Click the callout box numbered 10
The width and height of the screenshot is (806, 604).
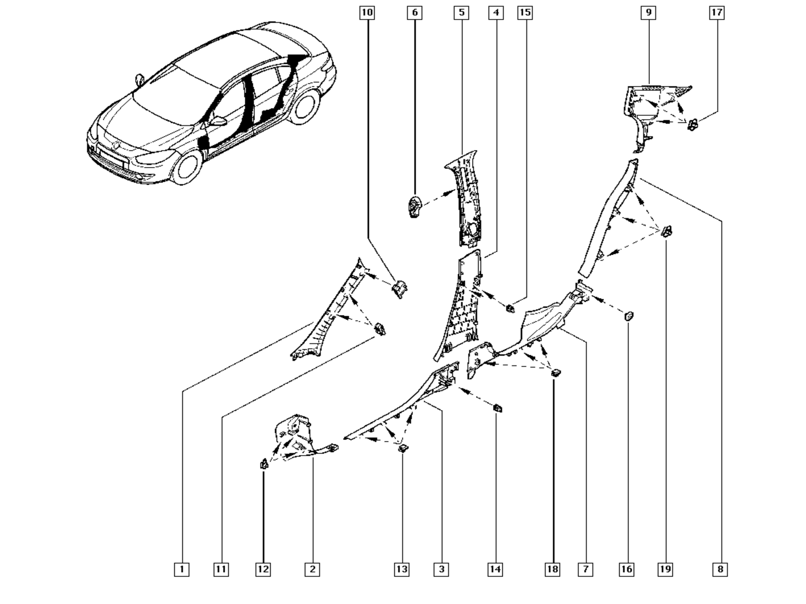pos(367,13)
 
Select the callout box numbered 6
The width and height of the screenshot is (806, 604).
pos(415,13)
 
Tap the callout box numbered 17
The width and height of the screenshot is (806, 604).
pos(717,13)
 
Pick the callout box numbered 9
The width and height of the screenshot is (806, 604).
pos(648,13)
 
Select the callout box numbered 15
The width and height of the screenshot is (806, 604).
pos(525,13)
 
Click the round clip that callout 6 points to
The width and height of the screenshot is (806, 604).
pos(415,207)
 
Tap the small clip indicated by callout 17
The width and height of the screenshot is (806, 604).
pos(693,125)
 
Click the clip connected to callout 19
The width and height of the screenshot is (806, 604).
pos(667,232)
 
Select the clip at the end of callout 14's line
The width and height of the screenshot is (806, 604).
pos(497,408)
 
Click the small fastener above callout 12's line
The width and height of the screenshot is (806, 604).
pos(263,465)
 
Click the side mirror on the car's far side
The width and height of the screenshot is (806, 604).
pos(139,80)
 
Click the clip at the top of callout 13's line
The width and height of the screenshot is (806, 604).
pos(403,448)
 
